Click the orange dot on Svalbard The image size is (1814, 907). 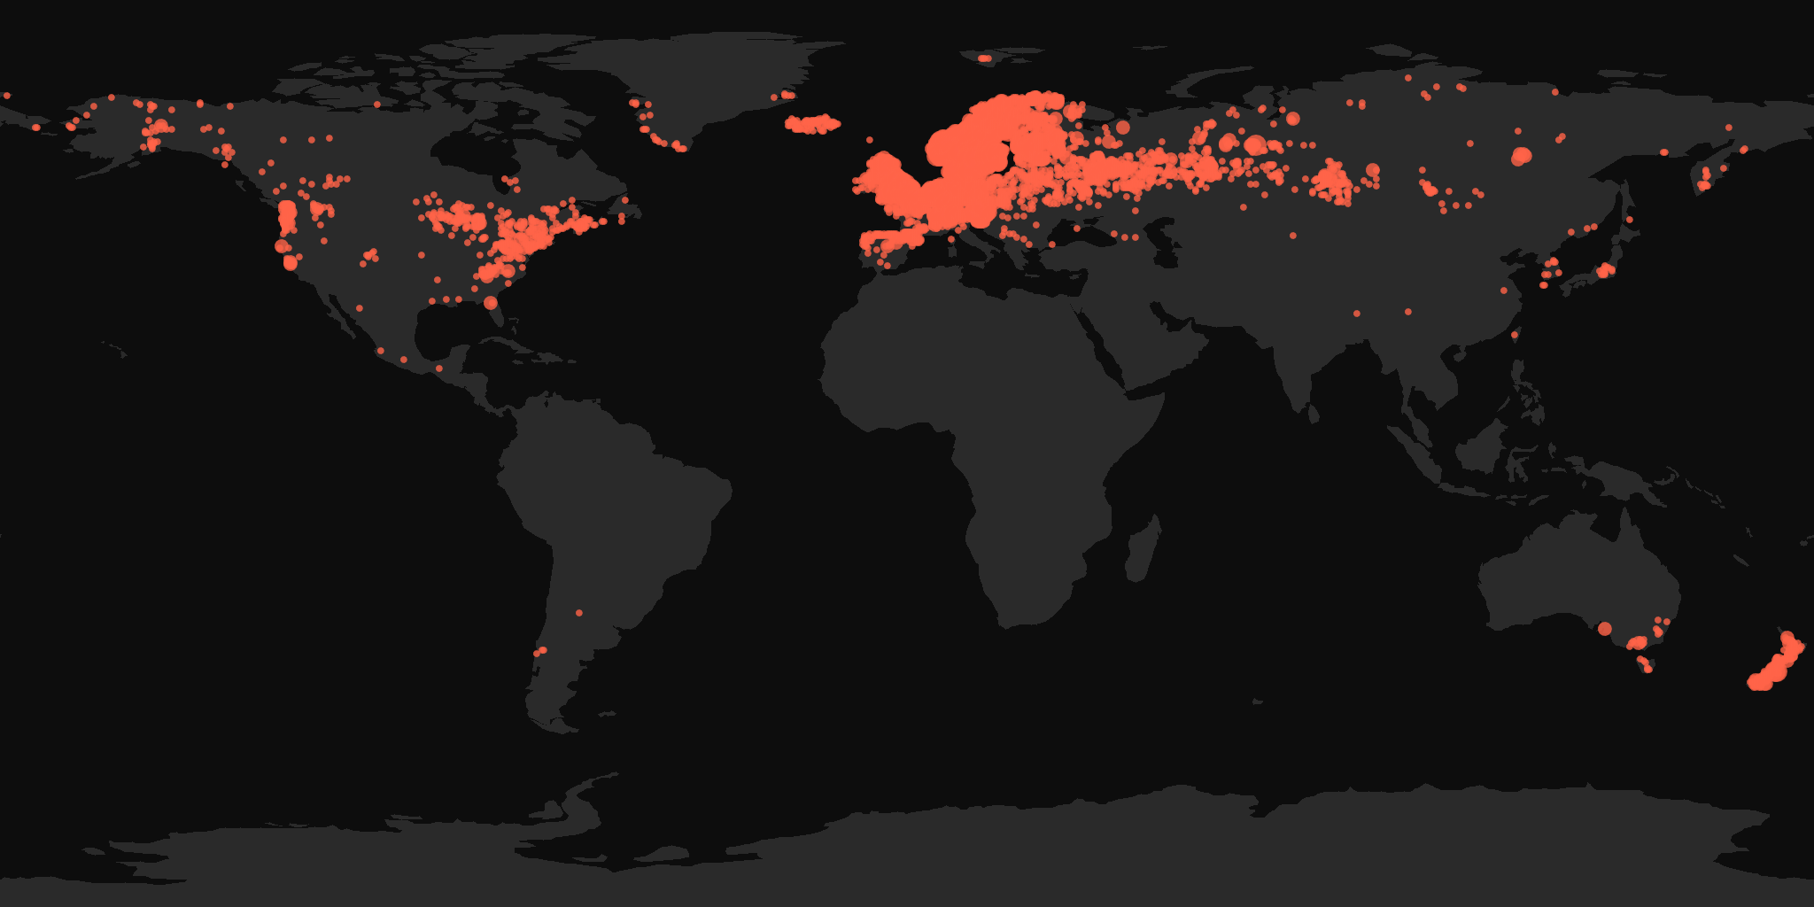[x=984, y=58]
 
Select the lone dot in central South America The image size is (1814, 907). [x=579, y=613]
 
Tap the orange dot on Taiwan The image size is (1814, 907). [x=1515, y=335]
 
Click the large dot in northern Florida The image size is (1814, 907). [x=491, y=303]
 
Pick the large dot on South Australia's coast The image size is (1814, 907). [x=1604, y=629]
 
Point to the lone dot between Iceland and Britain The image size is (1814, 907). [x=870, y=140]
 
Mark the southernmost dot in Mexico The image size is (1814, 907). [x=438, y=368]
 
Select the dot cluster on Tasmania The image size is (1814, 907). [x=1644, y=663]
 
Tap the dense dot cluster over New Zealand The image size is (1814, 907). [x=1776, y=664]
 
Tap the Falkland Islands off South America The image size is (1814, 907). [x=608, y=714]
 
